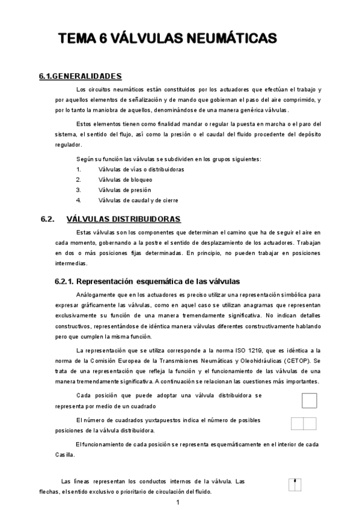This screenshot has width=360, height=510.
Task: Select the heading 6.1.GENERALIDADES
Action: (80, 76)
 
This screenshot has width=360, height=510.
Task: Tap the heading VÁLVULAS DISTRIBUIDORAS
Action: (123, 219)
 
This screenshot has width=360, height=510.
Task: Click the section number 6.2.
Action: (47, 219)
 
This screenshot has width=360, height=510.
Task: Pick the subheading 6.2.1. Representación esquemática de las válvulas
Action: (147, 281)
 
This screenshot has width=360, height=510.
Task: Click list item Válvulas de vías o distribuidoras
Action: (141, 169)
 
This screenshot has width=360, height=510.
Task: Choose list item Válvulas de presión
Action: (124, 189)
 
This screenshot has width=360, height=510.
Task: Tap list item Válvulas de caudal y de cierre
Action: (138, 200)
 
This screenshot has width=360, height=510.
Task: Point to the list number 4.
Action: (78, 200)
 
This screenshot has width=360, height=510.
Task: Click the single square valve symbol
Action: (309, 401)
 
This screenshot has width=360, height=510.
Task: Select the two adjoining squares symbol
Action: (304, 423)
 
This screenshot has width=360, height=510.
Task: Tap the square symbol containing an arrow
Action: (294, 485)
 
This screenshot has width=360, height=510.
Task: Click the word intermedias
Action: (71, 263)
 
